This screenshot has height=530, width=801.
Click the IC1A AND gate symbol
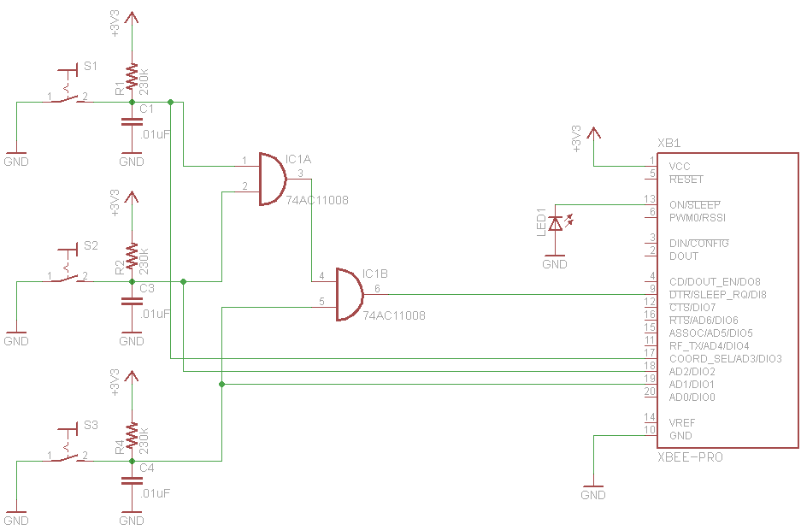[272, 180]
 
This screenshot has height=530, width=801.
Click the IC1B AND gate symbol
[349, 294]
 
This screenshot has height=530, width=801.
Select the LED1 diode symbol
[556, 224]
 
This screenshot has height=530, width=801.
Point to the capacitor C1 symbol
[132, 121]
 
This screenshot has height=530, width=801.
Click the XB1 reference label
[668, 143]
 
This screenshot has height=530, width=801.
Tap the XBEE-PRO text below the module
[690, 457]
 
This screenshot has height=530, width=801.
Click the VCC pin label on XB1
[680, 166]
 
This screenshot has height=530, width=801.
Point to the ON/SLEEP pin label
[694, 205]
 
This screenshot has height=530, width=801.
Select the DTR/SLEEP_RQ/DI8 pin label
[717, 294]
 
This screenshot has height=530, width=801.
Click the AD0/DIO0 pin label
[692, 397]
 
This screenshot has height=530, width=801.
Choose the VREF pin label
[682, 422]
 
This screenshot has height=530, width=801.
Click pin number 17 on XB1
[650, 353]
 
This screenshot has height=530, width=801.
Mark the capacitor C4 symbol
[132, 480]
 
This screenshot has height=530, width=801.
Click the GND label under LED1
[555, 264]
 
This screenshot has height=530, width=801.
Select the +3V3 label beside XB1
[576, 138]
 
